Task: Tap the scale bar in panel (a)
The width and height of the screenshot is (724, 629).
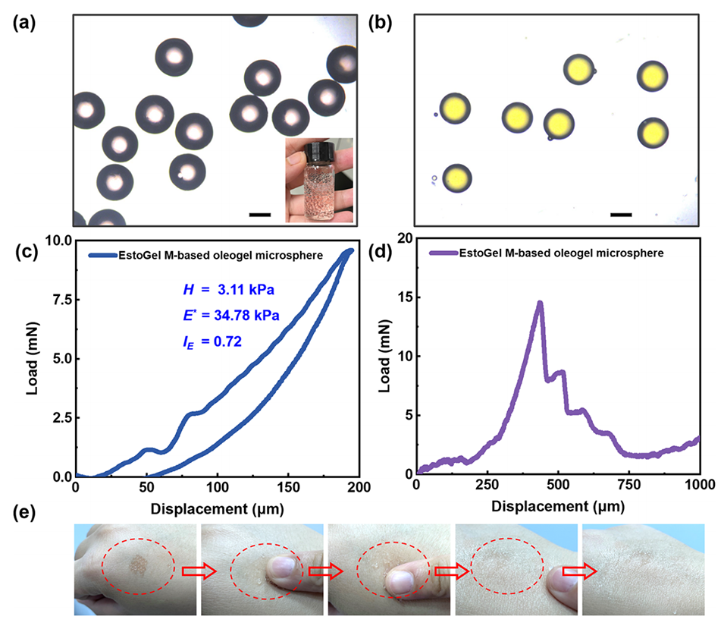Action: tap(259, 214)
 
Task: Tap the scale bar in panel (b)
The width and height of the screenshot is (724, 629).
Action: tap(621, 214)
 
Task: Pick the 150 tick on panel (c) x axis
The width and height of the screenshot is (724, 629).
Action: tap(288, 486)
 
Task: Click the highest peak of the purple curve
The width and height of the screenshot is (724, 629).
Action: tap(540, 303)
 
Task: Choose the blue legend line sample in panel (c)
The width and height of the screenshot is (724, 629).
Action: tap(100, 255)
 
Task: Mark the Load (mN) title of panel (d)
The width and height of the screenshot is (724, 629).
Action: tap(384, 357)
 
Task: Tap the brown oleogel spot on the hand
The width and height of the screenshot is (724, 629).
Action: tap(138, 564)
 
